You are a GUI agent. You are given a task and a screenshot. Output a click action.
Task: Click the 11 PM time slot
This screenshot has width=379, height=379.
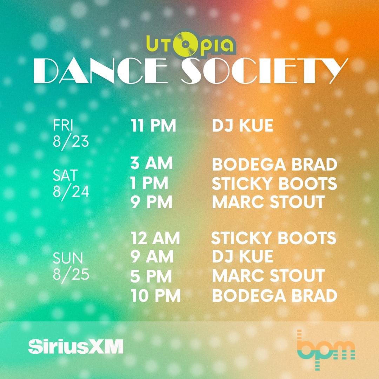(x=153, y=126)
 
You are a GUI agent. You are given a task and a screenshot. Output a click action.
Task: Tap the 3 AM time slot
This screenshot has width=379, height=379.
(x=152, y=164)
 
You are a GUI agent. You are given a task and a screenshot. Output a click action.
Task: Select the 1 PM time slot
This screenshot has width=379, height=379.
(x=149, y=183)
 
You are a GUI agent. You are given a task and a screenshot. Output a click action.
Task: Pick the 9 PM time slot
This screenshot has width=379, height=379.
(x=152, y=202)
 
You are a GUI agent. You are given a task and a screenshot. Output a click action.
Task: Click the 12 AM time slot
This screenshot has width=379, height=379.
(x=155, y=238)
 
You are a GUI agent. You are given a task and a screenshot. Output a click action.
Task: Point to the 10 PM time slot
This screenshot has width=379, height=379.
(x=155, y=296)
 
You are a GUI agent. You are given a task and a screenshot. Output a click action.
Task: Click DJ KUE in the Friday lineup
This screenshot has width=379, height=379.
(x=242, y=126)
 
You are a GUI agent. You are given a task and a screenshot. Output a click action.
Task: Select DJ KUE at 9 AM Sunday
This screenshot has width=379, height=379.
(x=242, y=257)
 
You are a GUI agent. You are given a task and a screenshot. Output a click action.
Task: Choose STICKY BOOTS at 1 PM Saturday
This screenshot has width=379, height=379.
(x=274, y=183)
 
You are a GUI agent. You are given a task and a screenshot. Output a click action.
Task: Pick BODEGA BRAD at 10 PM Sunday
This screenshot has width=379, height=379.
(x=274, y=296)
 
